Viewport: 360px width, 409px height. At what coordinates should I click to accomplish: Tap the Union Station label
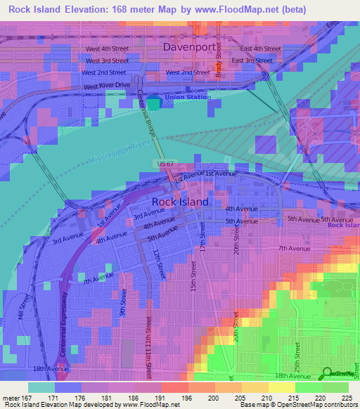(x=187, y=97)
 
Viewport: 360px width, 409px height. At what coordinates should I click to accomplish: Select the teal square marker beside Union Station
(x=153, y=103)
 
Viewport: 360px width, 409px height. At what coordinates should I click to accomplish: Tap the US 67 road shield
(x=163, y=163)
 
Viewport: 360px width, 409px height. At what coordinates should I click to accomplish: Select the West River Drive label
(x=107, y=86)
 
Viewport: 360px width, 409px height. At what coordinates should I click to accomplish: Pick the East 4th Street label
(x=260, y=48)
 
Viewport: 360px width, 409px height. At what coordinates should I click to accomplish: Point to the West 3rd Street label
(x=108, y=60)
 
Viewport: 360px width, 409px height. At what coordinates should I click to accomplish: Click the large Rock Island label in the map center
(x=180, y=202)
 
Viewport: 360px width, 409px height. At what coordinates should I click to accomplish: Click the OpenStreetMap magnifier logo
(x=328, y=373)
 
